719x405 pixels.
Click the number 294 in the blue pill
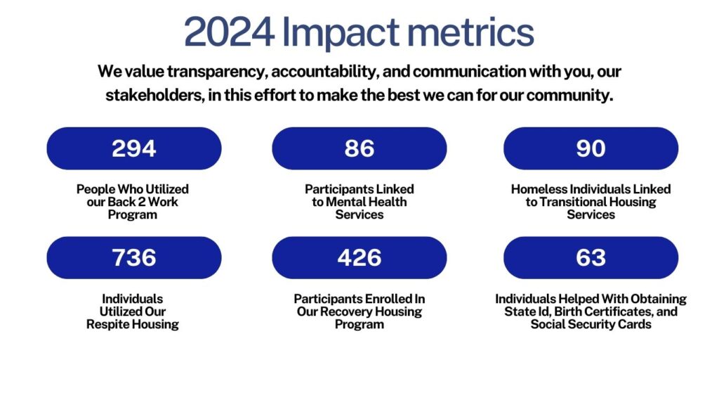(134, 148)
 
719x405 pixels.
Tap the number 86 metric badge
(359, 148)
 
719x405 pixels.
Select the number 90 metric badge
(591, 148)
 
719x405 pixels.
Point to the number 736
(134, 257)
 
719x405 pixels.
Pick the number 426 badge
(359, 257)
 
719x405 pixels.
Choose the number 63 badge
(591, 257)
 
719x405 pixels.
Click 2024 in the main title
(229, 33)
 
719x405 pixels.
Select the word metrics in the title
(476, 33)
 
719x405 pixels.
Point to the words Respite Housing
(133, 324)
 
